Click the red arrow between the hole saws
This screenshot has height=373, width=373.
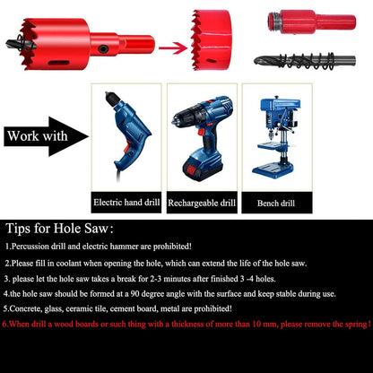point(173,48)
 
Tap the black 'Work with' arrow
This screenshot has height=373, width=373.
point(45,136)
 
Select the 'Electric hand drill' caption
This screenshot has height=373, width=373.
point(126,203)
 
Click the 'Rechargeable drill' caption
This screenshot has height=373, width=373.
point(202,203)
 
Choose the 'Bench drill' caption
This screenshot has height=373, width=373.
point(276,204)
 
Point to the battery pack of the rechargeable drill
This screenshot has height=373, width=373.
point(203,168)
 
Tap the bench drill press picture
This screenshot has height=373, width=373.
point(276,137)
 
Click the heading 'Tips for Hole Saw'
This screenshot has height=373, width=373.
point(60,229)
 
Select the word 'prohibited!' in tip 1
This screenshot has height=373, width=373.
point(172,247)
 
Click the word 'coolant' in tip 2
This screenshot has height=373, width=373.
point(69,264)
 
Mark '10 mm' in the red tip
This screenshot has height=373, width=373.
point(263,325)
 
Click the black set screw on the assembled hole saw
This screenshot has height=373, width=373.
point(103,48)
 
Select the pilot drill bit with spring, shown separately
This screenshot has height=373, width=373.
point(305,61)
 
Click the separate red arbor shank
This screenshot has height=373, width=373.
point(312,22)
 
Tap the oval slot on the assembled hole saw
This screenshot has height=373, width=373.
point(59,63)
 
